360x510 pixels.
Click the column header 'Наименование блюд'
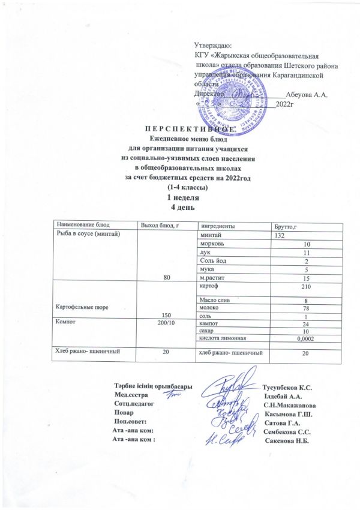[x=76, y=226]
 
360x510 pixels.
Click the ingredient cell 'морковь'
[x=211, y=244]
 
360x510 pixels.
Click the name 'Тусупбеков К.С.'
[x=290, y=386]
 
